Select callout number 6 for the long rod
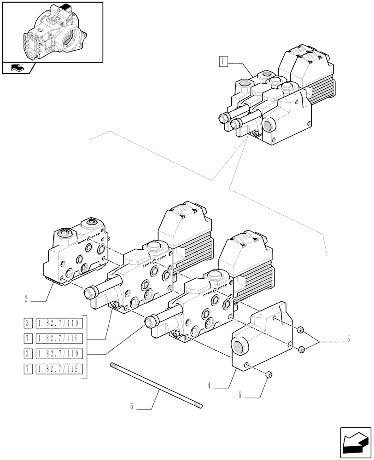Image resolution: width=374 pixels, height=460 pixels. [132, 407]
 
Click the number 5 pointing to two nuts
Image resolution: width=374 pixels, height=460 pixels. [348, 340]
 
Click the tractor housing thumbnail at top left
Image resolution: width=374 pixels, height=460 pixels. [53, 32]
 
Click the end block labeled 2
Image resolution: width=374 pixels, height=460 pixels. [76, 255]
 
